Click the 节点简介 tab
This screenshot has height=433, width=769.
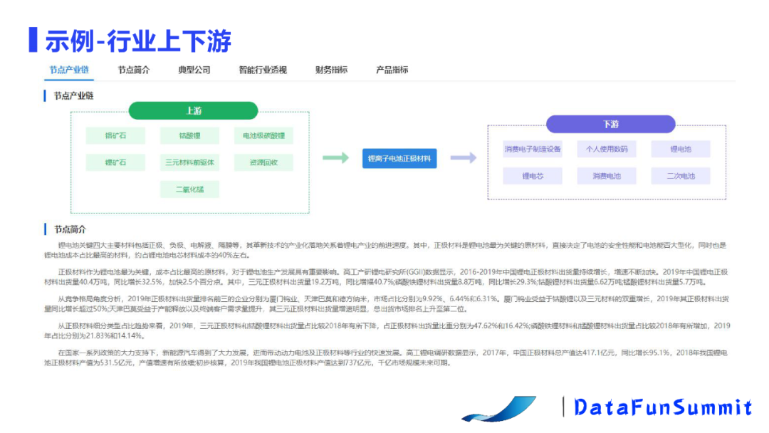point(134,70)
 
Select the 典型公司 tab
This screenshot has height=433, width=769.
point(194,70)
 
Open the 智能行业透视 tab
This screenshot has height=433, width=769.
point(263,70)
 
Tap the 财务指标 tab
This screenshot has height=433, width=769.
point(331,70)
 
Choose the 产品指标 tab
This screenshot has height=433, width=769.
point(392,70)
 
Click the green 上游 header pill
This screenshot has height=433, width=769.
point(193,110)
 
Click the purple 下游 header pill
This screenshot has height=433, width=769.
point(610,124)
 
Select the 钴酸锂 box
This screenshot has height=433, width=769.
point(189,135)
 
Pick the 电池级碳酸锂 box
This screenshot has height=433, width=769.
point(263,135)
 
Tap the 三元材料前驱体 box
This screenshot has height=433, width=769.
point(189,162)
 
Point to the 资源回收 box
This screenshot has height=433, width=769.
point(263,162)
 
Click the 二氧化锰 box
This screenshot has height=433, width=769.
point(189,189)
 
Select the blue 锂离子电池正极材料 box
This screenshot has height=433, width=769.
point(399,158)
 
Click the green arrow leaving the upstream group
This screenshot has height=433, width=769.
point(336,158)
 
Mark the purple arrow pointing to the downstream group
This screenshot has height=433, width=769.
point(463,158)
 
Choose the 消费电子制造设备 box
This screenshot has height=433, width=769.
point(533,150)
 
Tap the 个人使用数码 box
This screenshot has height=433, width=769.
point(607,150)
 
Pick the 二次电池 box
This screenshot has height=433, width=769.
point(681,176)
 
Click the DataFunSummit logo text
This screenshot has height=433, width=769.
point(662,407)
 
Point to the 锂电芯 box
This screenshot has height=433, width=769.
point(533,176)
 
